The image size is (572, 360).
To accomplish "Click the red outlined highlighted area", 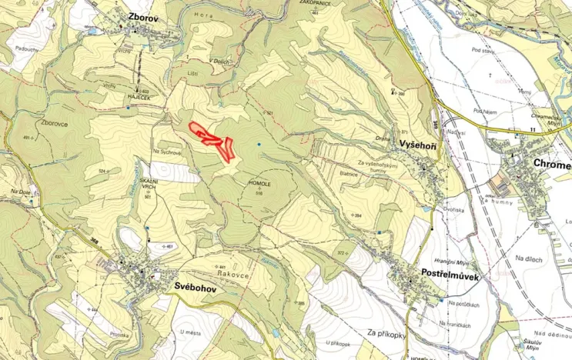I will [x=213, y=138].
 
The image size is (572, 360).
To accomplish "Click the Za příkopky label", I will [x=387, y=334].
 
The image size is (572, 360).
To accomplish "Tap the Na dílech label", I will [x=529, y=260].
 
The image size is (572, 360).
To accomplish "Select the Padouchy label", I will [x=25, y=48].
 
